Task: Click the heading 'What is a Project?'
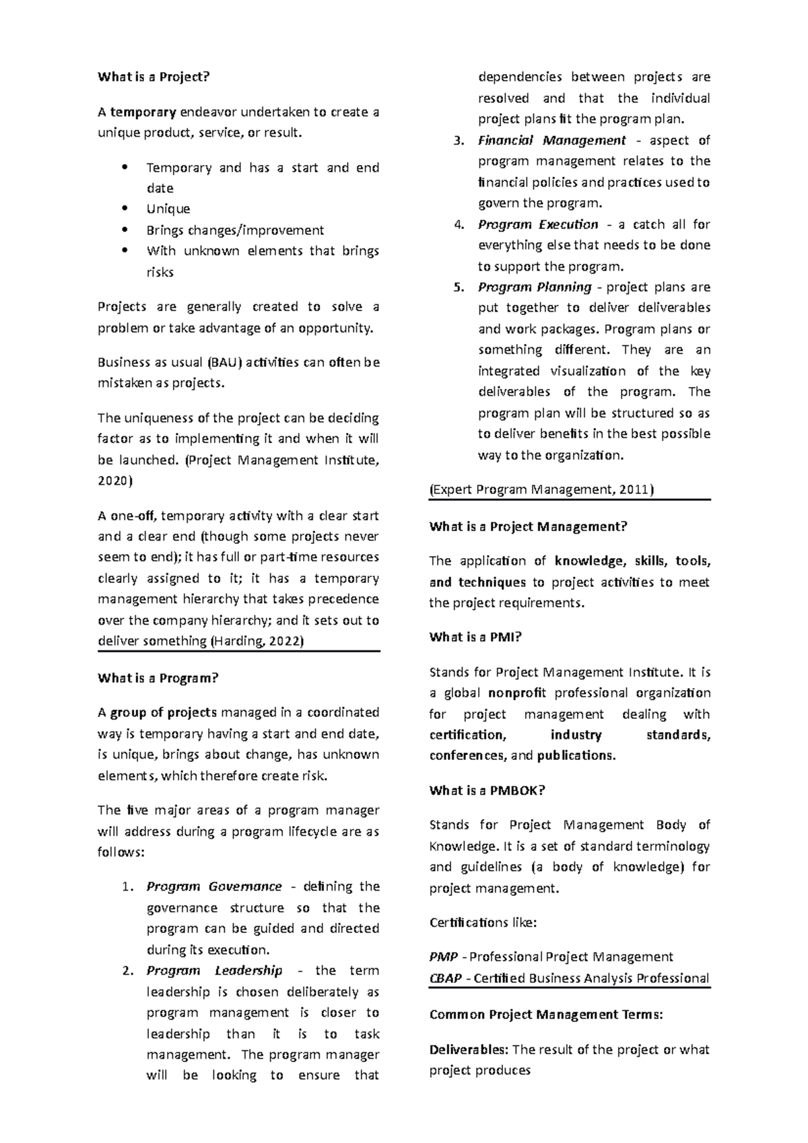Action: (154, 77)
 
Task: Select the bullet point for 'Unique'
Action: (168, 209)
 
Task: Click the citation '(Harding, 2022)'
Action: (258, 641)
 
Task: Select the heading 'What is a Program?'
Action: (158, 678)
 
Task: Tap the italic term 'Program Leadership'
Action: (214, 971)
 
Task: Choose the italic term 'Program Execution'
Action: (538, 224)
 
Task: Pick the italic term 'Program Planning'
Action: (535, 287)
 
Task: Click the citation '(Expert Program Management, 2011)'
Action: (541, 489)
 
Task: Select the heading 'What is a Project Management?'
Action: (528, 526)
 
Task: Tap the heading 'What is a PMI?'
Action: (475, 637)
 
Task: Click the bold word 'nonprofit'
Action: (517, 693)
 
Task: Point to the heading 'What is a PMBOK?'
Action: (487, 790)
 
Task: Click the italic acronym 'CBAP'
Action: (445, 978)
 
